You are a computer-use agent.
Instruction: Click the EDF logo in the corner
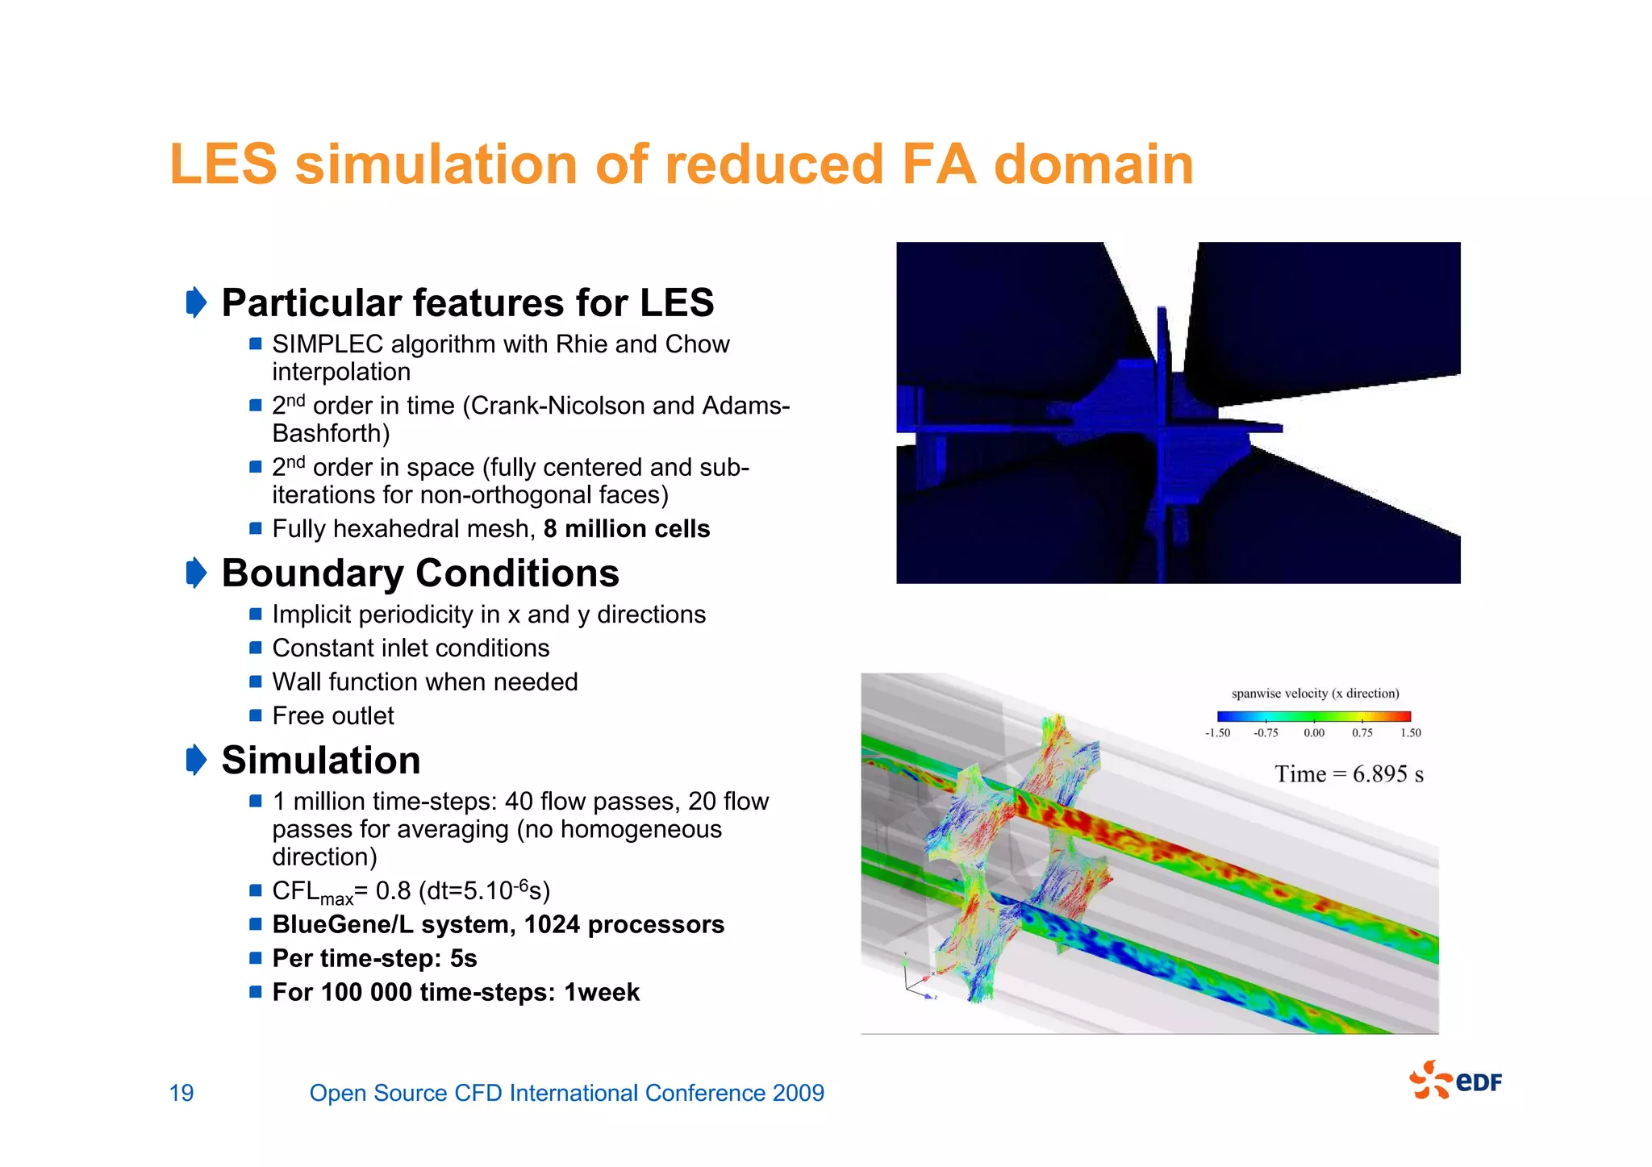(1456, 1081)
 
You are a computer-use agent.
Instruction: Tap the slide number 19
(181, 1093)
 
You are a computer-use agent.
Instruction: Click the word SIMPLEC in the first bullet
(327, 344)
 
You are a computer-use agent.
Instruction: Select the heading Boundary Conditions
(420, 573)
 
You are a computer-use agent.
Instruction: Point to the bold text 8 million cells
(627, 529)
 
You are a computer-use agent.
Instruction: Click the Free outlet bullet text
(333, 716)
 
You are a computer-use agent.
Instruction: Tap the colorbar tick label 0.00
(1314, 733)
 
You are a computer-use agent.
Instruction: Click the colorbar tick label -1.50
(1217, 733)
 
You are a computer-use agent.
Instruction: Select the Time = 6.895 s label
(1349, 774)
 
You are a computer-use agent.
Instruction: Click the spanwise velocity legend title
(1315, 694)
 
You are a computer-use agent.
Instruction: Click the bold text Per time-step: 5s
(374, 958)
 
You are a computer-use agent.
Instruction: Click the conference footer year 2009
(798, 1093)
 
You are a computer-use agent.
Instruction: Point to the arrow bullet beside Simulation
(196, 761)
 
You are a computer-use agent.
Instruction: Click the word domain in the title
(1093, 165)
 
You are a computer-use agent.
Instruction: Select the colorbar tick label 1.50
(1411, 733)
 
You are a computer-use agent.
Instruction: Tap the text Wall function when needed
(425, 682)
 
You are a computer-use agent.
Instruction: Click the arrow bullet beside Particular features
(196, 303)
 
